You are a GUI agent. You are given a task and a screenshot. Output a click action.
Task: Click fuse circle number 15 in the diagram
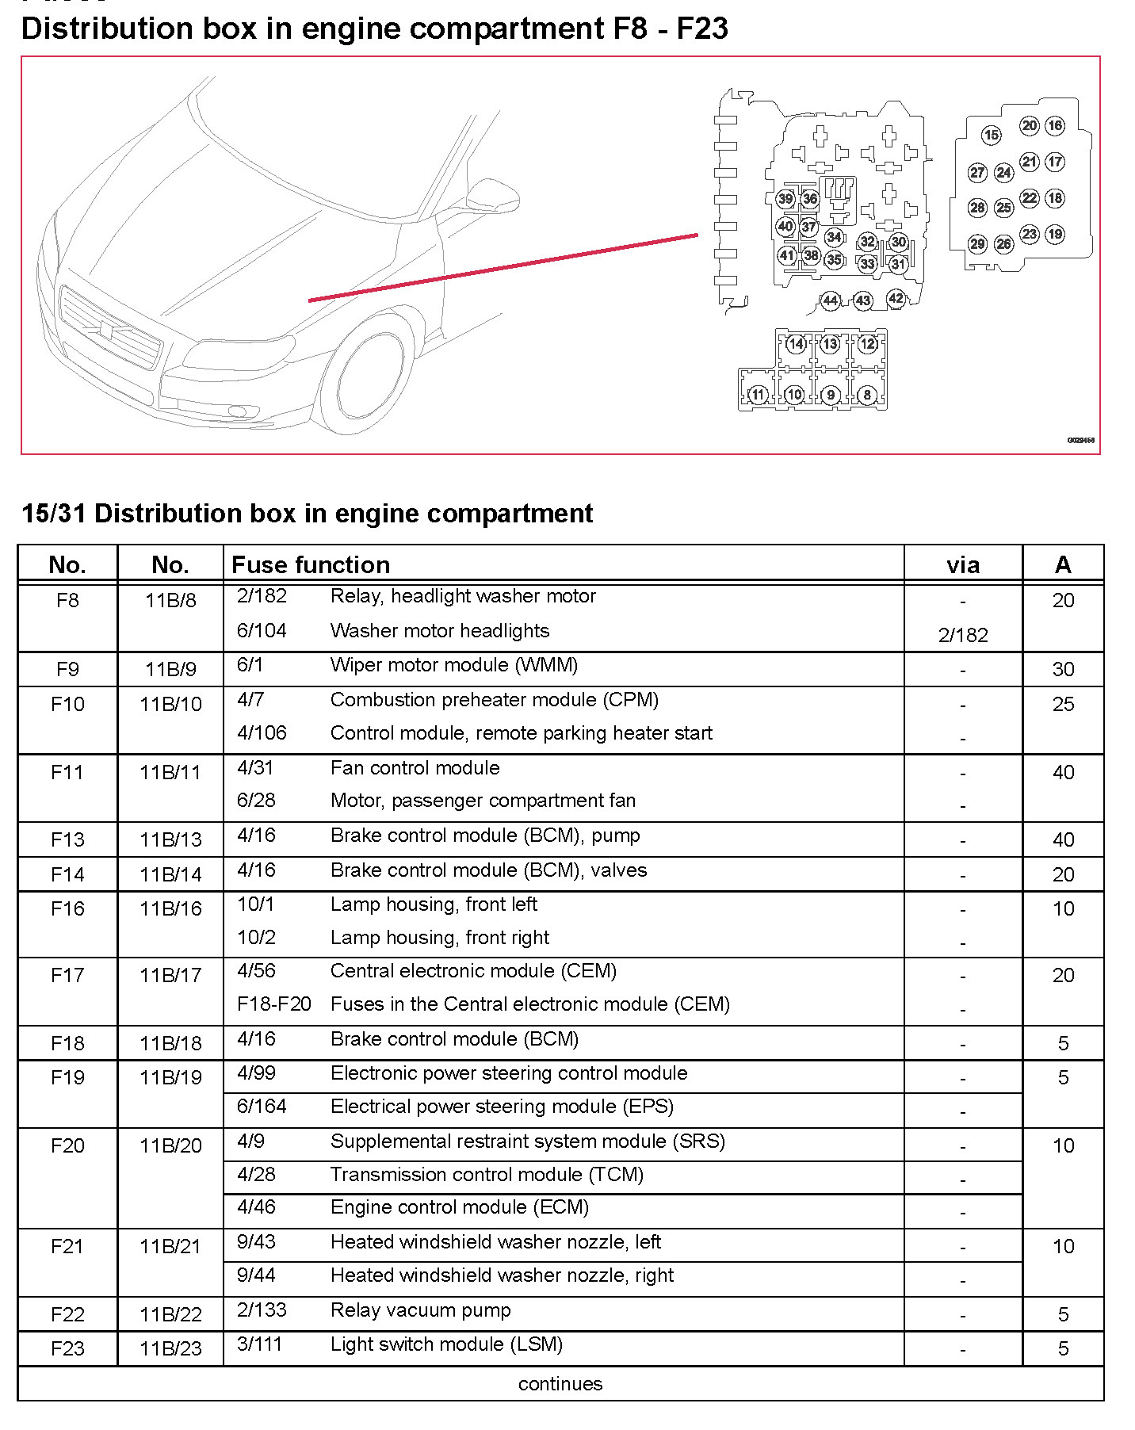coord(991,136)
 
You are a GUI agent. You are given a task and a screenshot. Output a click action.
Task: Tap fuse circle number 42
coord(896,299)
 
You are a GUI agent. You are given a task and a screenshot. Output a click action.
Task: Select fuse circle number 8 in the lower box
coord(867,394)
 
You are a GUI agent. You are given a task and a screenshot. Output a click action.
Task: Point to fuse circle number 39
coord(785,199)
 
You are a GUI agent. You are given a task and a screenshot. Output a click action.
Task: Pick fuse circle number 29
coord(977,243)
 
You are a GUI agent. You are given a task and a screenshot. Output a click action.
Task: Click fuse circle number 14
coord(796,344)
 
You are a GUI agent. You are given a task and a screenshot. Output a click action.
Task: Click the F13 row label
coord(67,839)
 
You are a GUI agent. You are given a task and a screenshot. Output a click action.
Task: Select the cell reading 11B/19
coord(170,1077)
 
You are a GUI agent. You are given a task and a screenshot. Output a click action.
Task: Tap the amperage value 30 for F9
coord(1063,669)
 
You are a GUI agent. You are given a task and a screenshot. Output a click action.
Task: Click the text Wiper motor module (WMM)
coord(453,665)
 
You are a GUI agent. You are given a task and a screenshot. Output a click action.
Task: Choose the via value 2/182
coord(963,635)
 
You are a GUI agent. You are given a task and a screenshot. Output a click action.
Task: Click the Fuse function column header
coord(311,564)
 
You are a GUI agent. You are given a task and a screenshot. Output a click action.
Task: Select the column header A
coord(1063,564)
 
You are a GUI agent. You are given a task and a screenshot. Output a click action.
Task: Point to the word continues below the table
coord(560,1383)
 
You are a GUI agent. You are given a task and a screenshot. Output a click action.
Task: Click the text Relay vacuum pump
coord(420,1310)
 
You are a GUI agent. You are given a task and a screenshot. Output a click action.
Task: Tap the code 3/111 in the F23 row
coord(259,1344)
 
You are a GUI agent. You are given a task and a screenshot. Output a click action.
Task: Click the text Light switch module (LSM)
coord(446,1344)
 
